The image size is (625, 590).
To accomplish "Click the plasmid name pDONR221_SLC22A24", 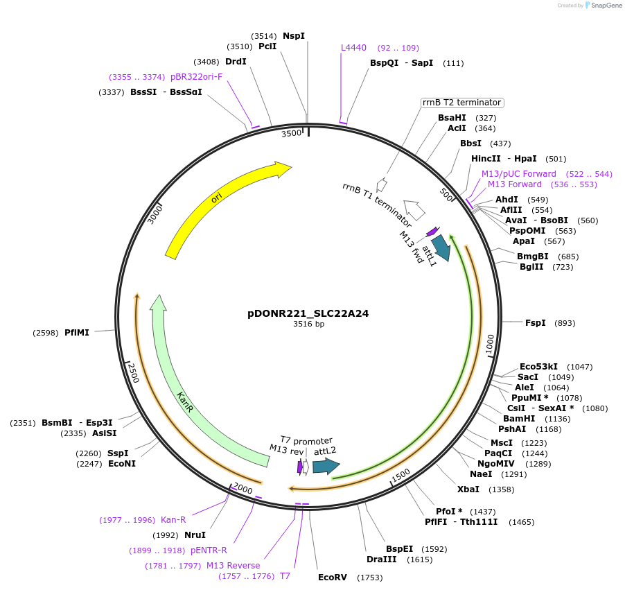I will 308,313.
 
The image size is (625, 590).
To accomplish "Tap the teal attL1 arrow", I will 441,248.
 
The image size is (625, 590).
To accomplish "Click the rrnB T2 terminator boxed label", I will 461,103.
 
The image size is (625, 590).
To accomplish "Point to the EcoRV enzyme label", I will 331,577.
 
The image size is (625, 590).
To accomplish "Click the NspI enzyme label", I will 294,35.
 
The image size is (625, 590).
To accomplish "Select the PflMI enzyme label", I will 77,333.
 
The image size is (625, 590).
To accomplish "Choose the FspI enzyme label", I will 536,323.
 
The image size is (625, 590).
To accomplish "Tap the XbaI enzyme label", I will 468,489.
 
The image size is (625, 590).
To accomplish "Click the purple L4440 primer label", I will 353,48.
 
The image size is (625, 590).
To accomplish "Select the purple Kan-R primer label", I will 173,520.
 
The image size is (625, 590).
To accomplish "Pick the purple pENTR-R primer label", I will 209,550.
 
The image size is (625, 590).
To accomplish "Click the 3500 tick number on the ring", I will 292,133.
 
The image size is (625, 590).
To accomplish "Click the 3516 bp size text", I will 308,324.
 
